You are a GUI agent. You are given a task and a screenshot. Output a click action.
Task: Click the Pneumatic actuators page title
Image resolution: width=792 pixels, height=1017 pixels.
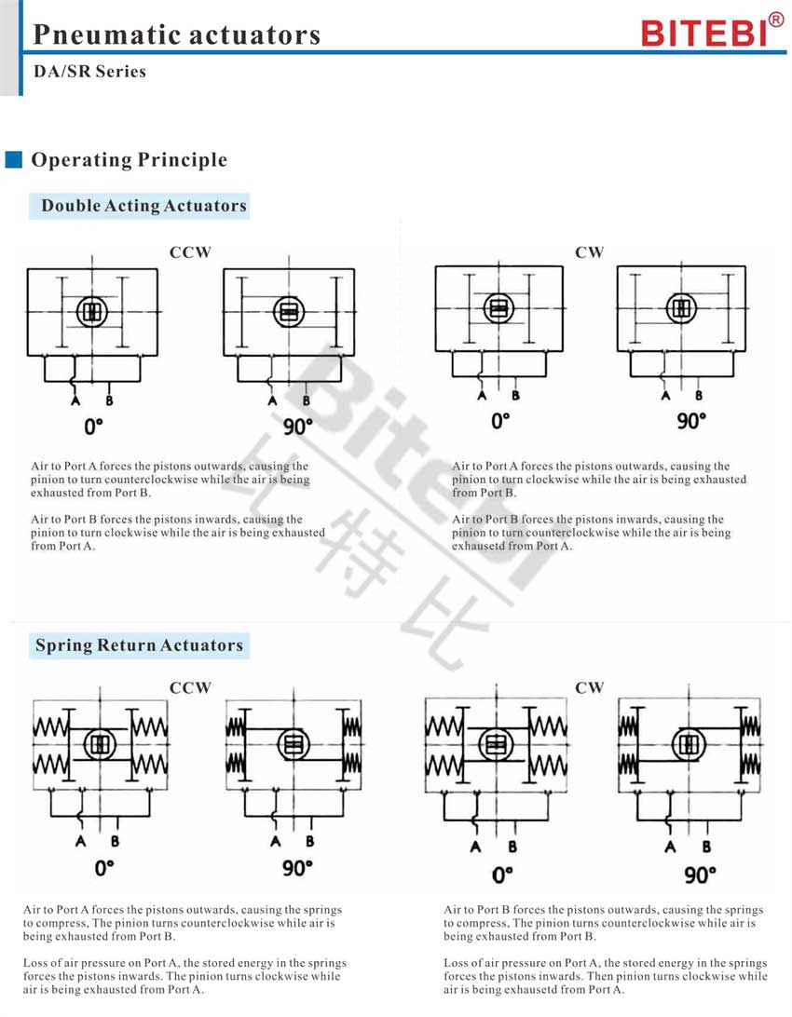tap(176, 35)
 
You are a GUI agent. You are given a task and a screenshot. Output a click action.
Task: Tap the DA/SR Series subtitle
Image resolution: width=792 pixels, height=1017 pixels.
tap(89, 72)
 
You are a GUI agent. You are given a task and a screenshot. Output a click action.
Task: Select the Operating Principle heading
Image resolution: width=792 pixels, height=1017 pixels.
tap(130, 159)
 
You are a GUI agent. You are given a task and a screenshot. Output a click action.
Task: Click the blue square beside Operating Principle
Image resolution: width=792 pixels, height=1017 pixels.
tap(14, 159)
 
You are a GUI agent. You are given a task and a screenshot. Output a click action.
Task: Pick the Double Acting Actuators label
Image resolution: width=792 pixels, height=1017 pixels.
tap(144, 206)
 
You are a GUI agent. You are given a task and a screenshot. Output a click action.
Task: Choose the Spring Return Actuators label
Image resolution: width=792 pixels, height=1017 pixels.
tap(140, 645)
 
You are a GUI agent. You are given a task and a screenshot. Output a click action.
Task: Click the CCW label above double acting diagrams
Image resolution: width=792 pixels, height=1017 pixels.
tap(190, 252)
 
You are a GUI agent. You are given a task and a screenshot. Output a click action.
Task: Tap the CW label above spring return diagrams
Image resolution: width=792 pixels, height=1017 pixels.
tap(589, 687)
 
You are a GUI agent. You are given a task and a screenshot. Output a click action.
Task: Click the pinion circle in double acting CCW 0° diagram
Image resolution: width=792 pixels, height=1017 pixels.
tap(92, 312)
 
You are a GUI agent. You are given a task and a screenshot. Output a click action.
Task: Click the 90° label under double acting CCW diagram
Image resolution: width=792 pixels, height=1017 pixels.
tap(298, 427)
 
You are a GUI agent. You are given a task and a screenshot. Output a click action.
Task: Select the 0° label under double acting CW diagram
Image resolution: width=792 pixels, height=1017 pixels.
tap(500, 422)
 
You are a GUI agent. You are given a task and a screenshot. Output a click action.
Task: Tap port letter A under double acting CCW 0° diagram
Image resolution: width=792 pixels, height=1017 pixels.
tap(75, 400)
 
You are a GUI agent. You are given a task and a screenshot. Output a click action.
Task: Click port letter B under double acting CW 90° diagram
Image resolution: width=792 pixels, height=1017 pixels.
tap(699, 395)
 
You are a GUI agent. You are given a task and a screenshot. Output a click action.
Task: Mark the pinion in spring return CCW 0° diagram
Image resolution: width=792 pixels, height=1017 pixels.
tap(100, 744)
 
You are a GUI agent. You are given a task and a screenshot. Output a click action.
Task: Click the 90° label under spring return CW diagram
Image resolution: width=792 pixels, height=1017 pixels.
tap(700, 875)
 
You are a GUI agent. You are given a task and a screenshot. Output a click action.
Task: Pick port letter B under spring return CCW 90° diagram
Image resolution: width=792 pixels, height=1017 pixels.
tap(310, 841)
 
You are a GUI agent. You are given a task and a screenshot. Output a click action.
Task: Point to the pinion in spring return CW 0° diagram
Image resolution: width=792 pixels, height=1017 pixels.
tap(497, 745)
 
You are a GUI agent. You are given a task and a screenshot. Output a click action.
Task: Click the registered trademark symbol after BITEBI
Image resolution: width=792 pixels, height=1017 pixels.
tap(776, 20)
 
